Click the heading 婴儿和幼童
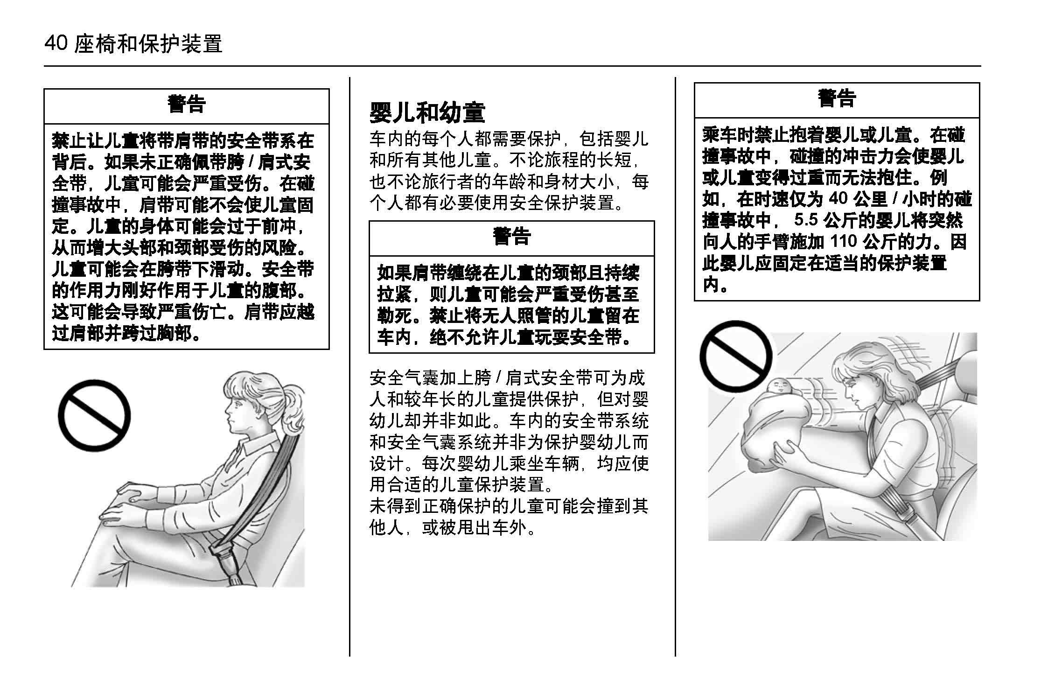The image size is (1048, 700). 427,112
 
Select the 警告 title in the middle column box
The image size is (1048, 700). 511,236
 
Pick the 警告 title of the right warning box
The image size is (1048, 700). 837,98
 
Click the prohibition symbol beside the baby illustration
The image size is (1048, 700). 736,357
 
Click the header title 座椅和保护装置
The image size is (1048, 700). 148,44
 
